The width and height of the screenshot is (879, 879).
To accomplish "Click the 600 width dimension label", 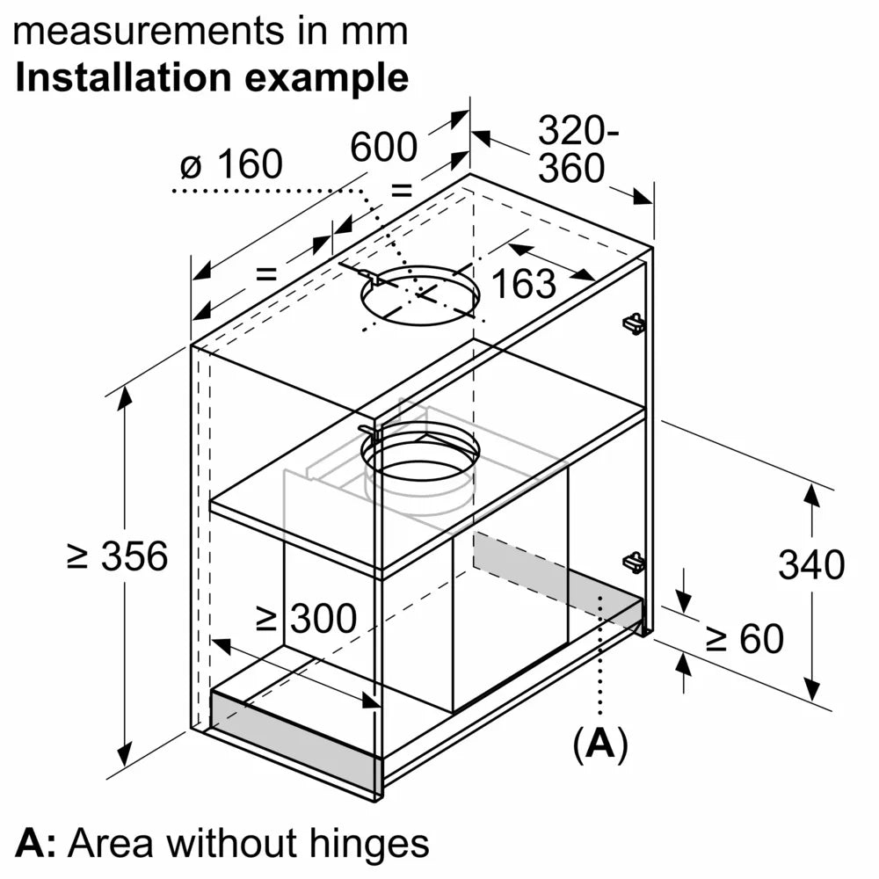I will pyautogui.click(x=383, y=147).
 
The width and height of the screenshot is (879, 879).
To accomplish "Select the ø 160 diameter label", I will pyautogui.click(x=230, y=164).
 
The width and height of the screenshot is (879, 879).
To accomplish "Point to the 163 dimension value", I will pyautogui.click(x=523, y=283).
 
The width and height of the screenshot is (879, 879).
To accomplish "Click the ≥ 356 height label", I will pyautogui.click(x=118, y=556).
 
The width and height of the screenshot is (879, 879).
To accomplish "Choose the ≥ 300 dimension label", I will pyautogui.click(x=306, y=620).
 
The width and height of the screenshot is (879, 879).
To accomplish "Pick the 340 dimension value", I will pyautogui.click(x=810, y=564).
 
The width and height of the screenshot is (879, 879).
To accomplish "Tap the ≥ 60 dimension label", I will pyautogui.click(x=745, y=639).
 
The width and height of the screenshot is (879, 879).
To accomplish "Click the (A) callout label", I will pyautogui.click(x=600, y=744).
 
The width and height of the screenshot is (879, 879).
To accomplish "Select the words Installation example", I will pyautogui.click(x=212, y=77).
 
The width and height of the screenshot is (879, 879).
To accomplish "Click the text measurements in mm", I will pyautogui.click(x=212, y=32).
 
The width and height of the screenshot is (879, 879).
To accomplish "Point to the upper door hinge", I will pyautogui.click(x=633, y=323).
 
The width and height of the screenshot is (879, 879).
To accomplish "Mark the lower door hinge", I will pyautogui.click(x=633, y=561).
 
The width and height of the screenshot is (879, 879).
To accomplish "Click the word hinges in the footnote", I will pyautogui.click(x=370, y=843).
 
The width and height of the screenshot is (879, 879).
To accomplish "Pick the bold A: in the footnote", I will pyautogui.click(x=35, y=843).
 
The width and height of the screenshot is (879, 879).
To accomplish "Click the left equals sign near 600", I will pyautogui.click(x=265, y=273).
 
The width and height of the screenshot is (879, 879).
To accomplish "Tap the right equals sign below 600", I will pyautogui.click(x=401, y=189).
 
